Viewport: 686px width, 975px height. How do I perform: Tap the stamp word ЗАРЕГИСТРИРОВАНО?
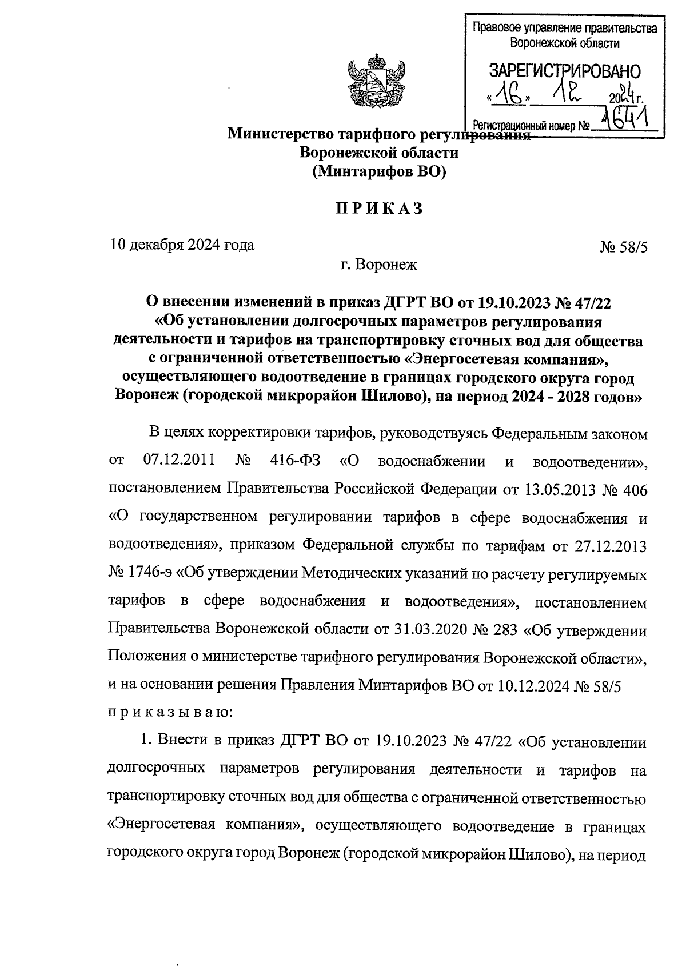click(564, 71)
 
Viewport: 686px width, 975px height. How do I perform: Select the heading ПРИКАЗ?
click(379, 209)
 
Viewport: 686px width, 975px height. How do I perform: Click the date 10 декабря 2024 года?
click(182, 245)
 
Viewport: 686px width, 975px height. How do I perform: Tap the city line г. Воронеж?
click(378, 265)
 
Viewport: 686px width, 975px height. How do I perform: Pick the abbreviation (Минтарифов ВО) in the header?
click(378, 171)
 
